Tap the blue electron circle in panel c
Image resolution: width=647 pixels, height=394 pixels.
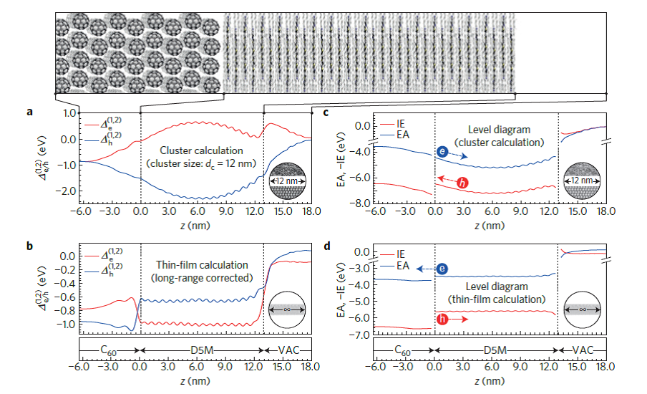click(x=444, y=152)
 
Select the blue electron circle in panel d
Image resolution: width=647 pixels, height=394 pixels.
click(x=443, y=269)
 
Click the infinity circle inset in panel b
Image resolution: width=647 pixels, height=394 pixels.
click(x=287, y=309)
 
